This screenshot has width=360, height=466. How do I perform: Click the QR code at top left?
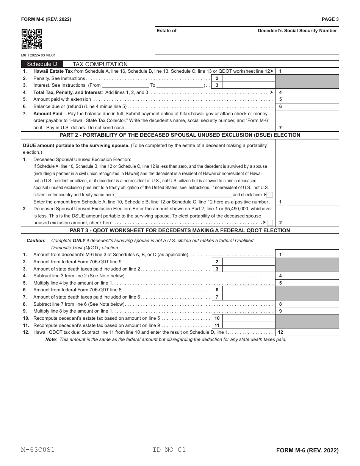tap(31, 39)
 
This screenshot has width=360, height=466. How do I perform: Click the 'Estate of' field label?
tap(166, 31)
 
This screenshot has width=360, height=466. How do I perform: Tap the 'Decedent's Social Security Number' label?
tap(297, 31)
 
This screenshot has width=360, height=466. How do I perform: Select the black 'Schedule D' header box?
tap(42, 64)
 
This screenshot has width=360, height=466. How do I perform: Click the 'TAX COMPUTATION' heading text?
tap(100, 64)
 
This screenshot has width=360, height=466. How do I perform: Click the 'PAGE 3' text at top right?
tap(330, 19)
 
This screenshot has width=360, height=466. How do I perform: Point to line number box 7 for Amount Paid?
tap(280, 128)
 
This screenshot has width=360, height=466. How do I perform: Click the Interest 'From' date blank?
tap(125, 86)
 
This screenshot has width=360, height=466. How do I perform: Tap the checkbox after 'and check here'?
tap(269, 195)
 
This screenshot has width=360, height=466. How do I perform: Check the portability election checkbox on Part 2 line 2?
tap(269, 223)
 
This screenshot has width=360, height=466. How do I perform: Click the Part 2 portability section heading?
tap(180, 135)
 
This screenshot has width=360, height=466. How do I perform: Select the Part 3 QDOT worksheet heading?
tap(180, 230)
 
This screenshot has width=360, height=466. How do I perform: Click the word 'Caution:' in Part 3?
tap(36, 241)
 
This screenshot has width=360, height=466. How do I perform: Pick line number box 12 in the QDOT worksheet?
tap(280, 332)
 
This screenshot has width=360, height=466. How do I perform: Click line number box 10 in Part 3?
tap(217, 318)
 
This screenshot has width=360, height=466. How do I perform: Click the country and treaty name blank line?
tap(173, 195)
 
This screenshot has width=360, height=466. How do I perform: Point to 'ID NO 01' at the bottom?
tap(169, 450)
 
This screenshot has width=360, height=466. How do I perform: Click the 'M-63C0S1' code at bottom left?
tap(38, 450)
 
